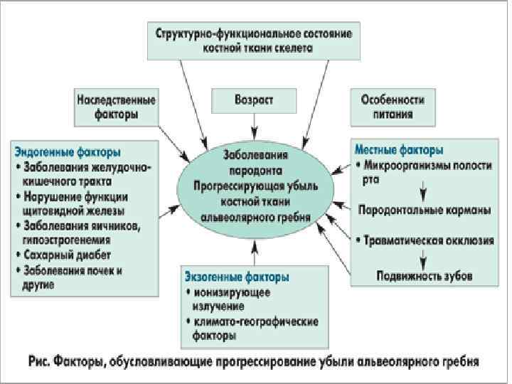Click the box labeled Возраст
tap(254, 101)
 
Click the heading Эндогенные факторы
tap(68, 152)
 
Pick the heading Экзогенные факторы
tap(237, 277)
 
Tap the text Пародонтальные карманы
tap(424, 211)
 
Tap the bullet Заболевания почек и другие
tap(78, 277)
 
